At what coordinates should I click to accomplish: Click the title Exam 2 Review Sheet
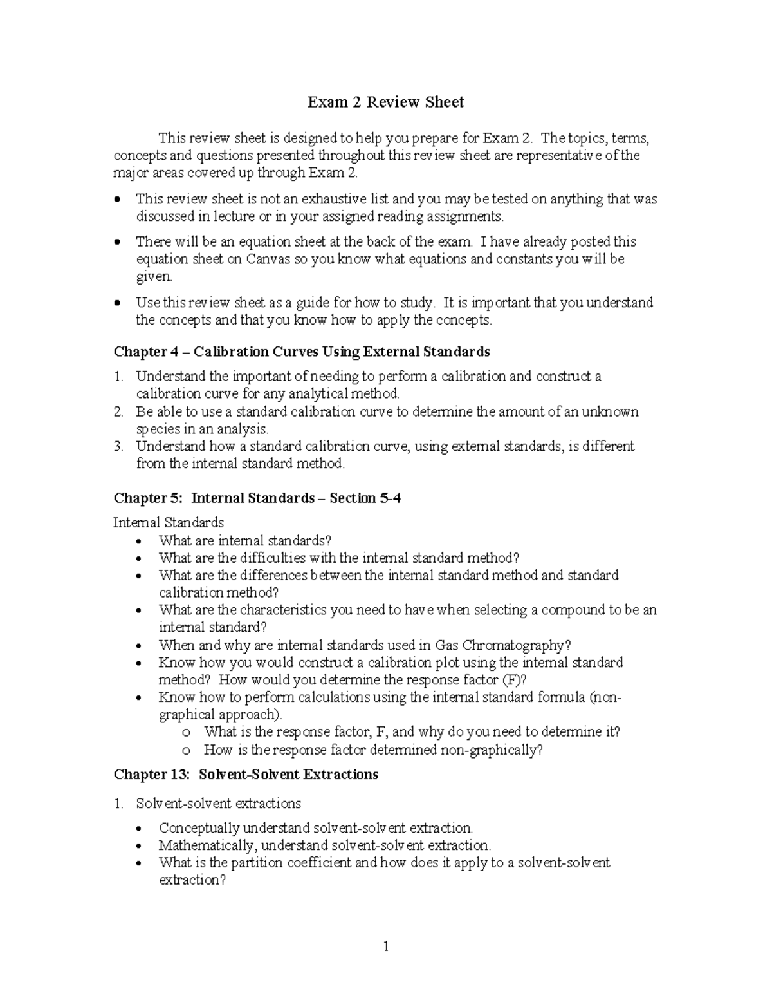(385, 102)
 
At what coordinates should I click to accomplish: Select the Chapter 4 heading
(302, 352)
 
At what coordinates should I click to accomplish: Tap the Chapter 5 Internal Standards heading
(257, 498)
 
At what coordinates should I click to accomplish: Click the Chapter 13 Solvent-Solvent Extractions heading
(246, 774)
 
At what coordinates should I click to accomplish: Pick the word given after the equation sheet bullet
(154, 277)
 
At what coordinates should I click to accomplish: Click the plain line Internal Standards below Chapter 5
(169, 522)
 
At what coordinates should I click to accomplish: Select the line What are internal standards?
(245, 541)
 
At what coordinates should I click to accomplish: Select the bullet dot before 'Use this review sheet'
(116, 303)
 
